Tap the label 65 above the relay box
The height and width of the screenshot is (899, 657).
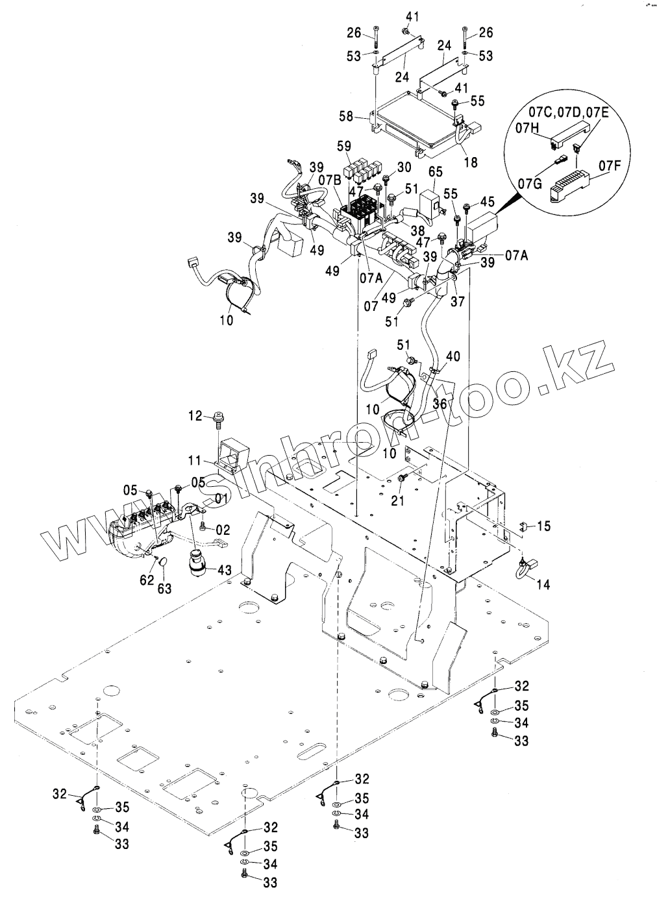pos(435,171)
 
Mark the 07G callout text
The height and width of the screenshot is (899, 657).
pos(528,184)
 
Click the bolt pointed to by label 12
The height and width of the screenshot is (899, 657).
pos(217,421)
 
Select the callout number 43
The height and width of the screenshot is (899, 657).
pos(224,569)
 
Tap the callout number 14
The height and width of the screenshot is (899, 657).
pos(543,584)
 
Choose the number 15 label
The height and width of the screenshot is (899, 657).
pos(543,526)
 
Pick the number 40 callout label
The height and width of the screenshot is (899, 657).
pos(453,356)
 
